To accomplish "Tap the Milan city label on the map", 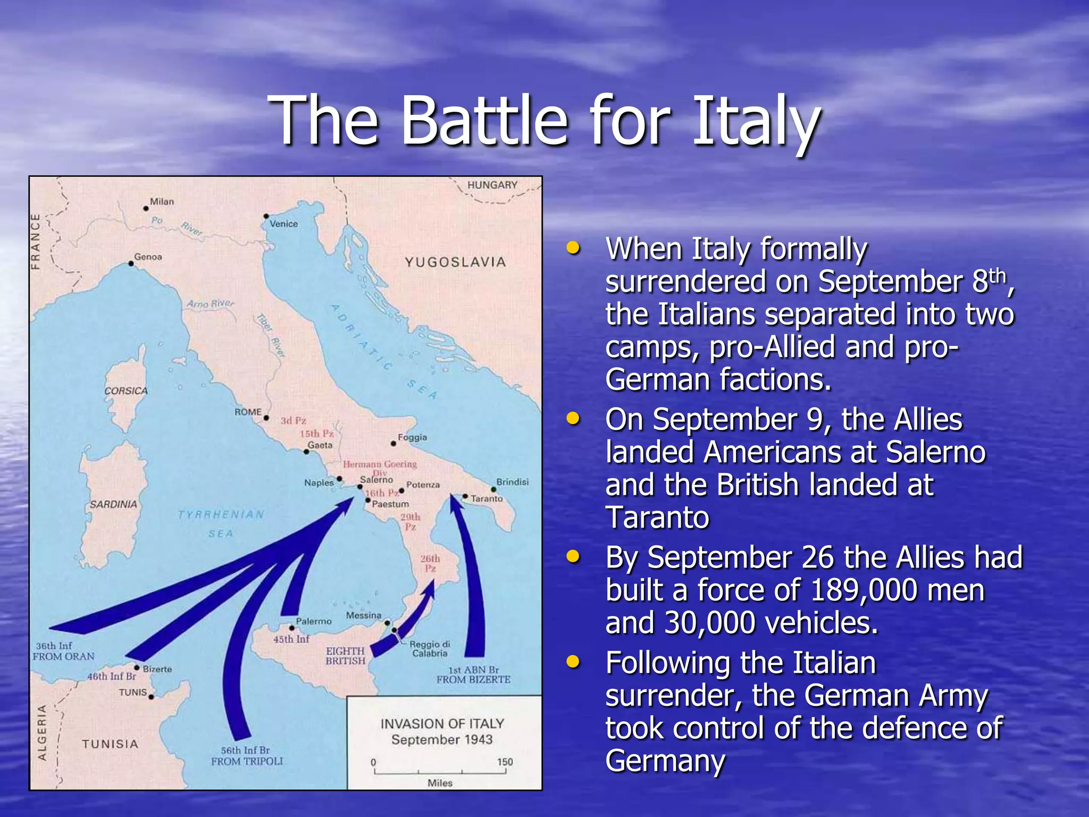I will click(x=162, y=202).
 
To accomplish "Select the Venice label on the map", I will click(x=283, y=224).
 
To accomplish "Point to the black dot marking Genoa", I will click(x=131, y=263).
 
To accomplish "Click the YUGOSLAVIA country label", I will click(x=455, y=262).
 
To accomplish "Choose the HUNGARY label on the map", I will click(x=492, y=185).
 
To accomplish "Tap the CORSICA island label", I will click(x=126, y=391).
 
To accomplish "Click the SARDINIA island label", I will click(x=113, y=504).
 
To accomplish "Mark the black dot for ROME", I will click(x=266, y=418).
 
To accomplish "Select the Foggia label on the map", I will click(x=412, y=437).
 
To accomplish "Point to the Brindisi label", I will click(x=512, y=482).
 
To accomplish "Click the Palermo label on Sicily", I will click(x=314, y=621).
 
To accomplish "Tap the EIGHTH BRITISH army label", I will click(x=346, y=656).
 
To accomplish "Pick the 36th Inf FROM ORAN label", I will click(x=63, y=651).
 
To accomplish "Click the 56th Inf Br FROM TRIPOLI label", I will click(x=247, y=756).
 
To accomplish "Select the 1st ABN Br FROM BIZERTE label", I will click(x=473, y=674).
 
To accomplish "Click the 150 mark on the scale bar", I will click(x=505, y=762).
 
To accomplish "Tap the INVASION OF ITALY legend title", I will click(x=442, y=724).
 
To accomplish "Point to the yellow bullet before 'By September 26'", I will click(x=573, y=557).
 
